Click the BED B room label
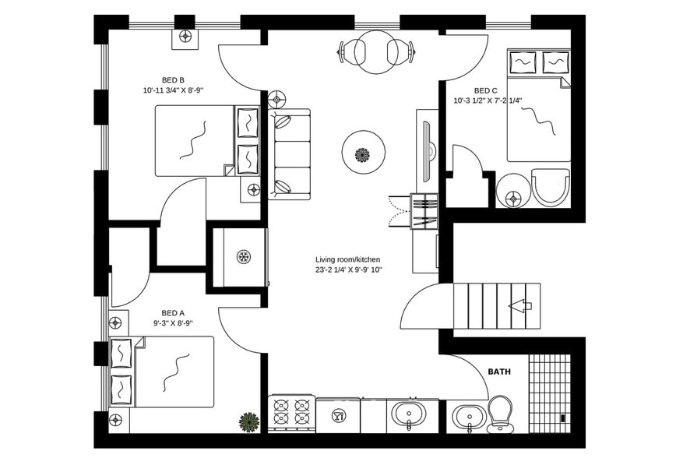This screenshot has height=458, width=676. click(x=173, y=79)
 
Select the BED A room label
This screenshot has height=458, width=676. click(x=172, y=311)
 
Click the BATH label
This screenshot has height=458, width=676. click(x=499, y=372)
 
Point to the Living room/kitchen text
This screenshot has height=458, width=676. click(x=348, y=259)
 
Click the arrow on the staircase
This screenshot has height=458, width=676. click(x=520, y=306)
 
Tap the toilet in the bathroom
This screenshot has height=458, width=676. click(x=499, y=413)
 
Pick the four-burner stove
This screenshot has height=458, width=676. click(x=291, y=413)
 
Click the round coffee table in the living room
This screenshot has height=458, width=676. click(x=362, y=154)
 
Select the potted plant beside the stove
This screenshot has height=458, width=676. click(x=249, y=422)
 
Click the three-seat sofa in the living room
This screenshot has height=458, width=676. click(x=290, y=154)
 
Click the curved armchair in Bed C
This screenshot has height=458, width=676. click(x=551, y=187)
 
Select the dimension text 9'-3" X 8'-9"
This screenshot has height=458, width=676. click(x=172, y=322)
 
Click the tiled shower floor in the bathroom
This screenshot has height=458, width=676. click(x=550, y=393)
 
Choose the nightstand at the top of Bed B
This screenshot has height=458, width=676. click(x=185, y=36)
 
